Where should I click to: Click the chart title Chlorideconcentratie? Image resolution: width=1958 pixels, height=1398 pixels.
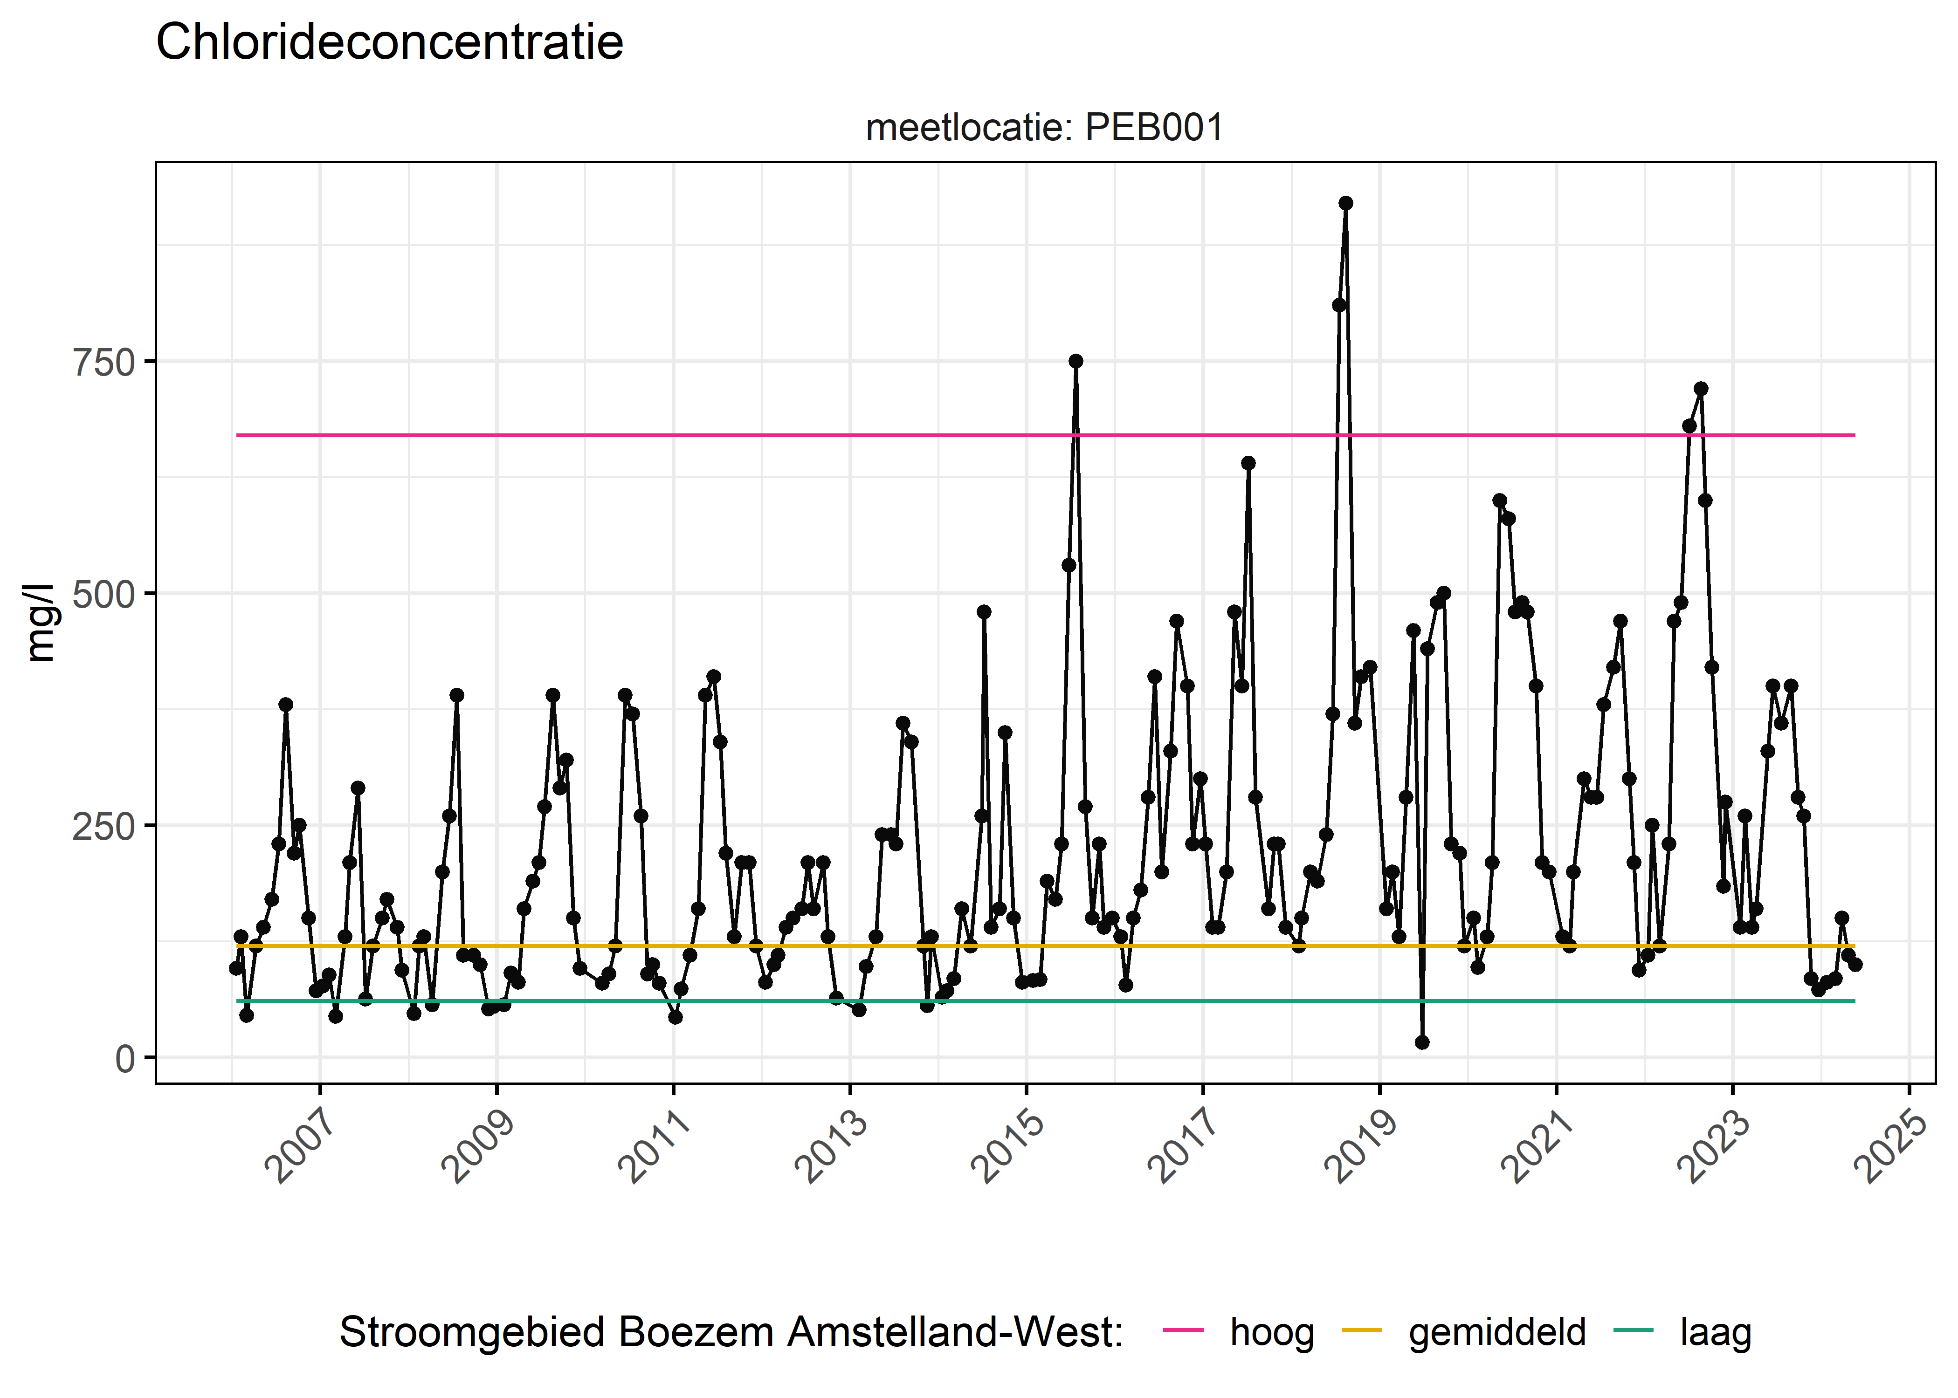(x=389, y=42)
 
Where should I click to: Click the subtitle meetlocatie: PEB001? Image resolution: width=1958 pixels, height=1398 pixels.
(x=1044, y=128)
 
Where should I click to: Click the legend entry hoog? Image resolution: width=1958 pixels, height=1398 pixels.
(x=1272, y=1333)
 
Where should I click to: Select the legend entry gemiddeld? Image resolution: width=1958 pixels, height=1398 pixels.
(x=1496, y=1333)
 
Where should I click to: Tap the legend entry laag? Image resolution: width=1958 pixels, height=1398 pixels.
(x=1715, y=1333)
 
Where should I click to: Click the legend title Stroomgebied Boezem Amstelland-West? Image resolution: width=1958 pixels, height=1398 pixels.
(x=731, y=1333)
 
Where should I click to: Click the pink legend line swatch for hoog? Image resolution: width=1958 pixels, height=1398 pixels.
(x=1183, y=1331)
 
